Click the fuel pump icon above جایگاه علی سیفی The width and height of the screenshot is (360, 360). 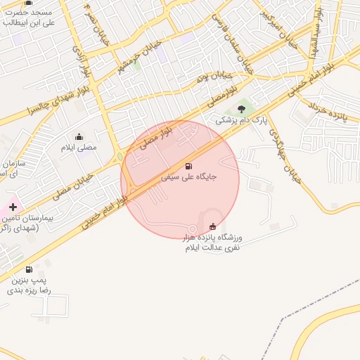click(x=188, y=166)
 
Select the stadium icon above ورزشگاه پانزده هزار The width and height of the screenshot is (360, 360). click(x=212, y=226)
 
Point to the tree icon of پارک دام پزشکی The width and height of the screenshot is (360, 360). click(x=242, y=109)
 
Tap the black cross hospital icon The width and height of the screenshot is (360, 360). click(x=13, y=206)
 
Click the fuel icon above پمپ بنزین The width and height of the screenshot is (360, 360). click(x=29, y=269)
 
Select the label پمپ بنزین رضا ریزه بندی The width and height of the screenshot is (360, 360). click(x=30, y=284)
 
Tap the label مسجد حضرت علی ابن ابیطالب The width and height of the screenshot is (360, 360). click(x=29, y=18)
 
